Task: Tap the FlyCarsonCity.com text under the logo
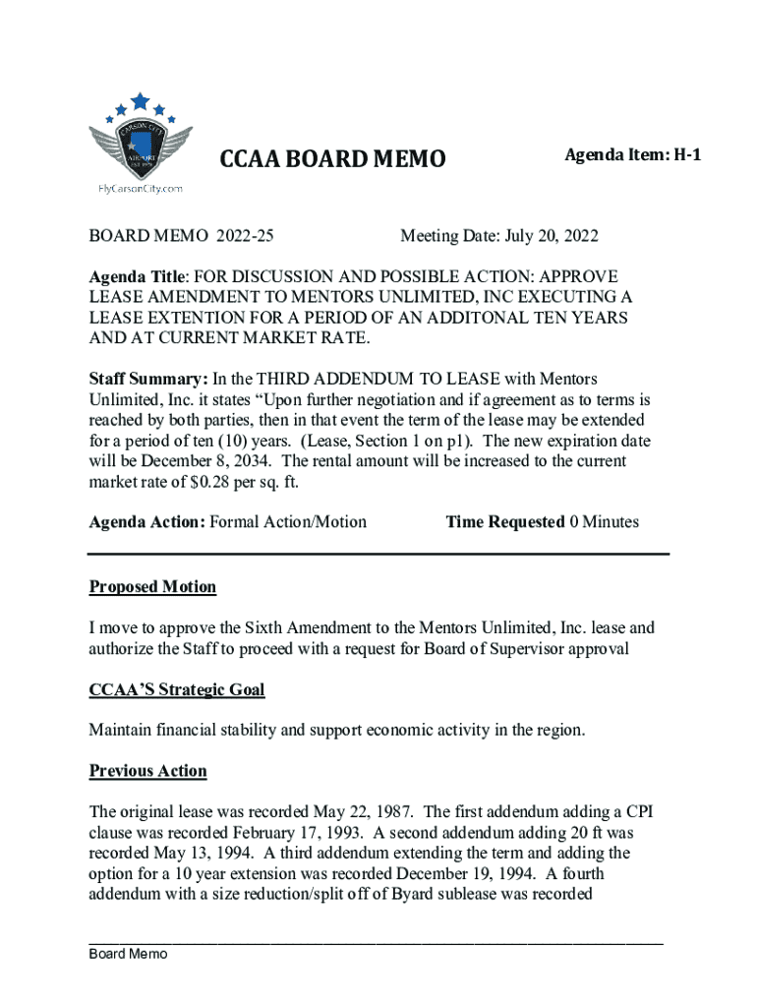[141, 188]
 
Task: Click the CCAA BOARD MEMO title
[331, 158]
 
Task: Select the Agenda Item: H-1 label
[632, 154]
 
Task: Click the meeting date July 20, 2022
[552, 236]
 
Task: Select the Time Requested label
[505, 522]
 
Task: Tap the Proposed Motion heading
[152, 587]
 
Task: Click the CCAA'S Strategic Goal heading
[177, 690]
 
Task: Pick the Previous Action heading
[147, 771]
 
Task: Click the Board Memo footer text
[129, 954]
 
